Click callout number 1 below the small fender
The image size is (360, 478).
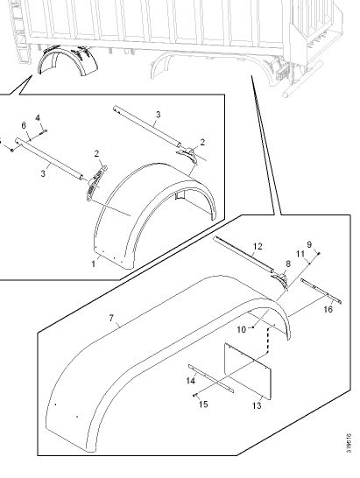(94, 264)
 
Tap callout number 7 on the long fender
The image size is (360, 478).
(111, 319)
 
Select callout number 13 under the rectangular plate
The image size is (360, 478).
(257, 405)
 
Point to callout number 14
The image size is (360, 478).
(191, 381)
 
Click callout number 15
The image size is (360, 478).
(203, 404)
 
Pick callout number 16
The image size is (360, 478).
(328, 309)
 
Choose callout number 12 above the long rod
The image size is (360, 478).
(258, 246)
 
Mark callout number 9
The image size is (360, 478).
(309, 244)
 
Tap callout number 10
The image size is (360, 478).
(241, 329)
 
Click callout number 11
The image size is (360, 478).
(300, 254)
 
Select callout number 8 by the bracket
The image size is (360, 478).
(287, 264)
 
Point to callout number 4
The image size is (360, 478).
(38, 117)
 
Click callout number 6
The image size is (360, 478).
(24, 125)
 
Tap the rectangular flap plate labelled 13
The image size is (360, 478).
(247, 371)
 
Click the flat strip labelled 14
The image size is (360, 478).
(211, 378)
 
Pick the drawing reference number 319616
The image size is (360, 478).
(349, 443)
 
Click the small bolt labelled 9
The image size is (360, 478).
(319, 253)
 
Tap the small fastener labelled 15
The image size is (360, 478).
(194, 396)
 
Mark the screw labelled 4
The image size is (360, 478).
(44, 131)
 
